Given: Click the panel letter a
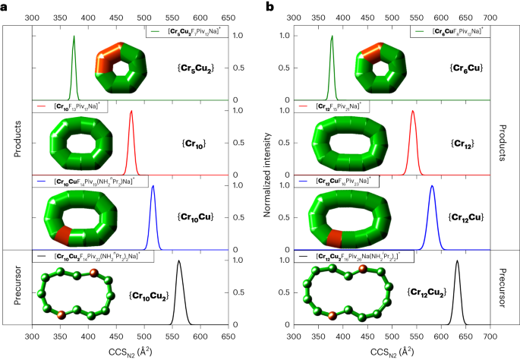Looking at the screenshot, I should pos(5,7).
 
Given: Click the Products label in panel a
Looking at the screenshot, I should pos(17,137).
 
